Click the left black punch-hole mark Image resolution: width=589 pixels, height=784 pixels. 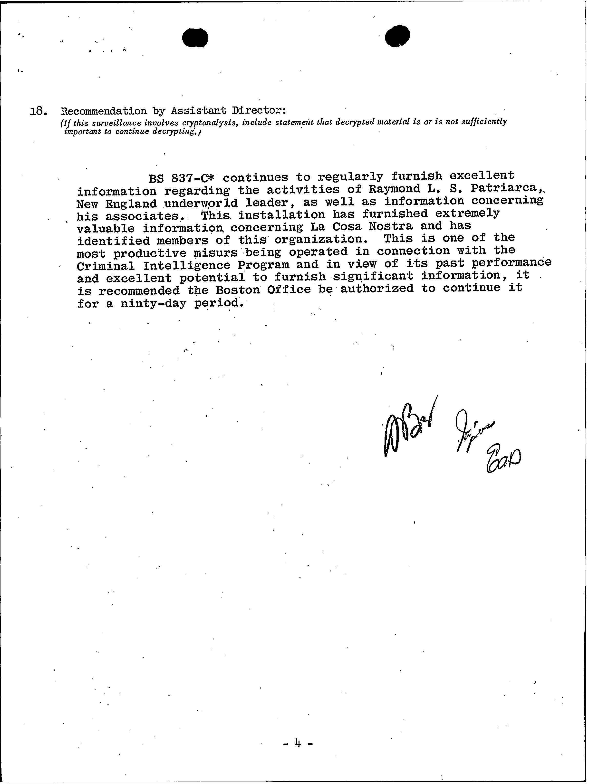point(195,38)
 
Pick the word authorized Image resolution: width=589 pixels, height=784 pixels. point(377,289)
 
